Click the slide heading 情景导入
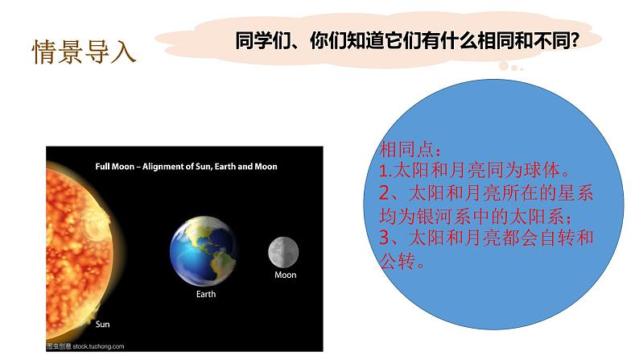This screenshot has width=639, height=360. pos(84,51)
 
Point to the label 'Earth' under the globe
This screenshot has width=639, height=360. pos(206,295)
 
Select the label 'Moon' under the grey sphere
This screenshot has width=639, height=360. pos(286,275)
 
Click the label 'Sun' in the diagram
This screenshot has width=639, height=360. pos(103,325)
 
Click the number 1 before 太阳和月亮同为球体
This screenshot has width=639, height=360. pos(382,172)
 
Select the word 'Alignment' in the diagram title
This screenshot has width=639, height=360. pos(167,168)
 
